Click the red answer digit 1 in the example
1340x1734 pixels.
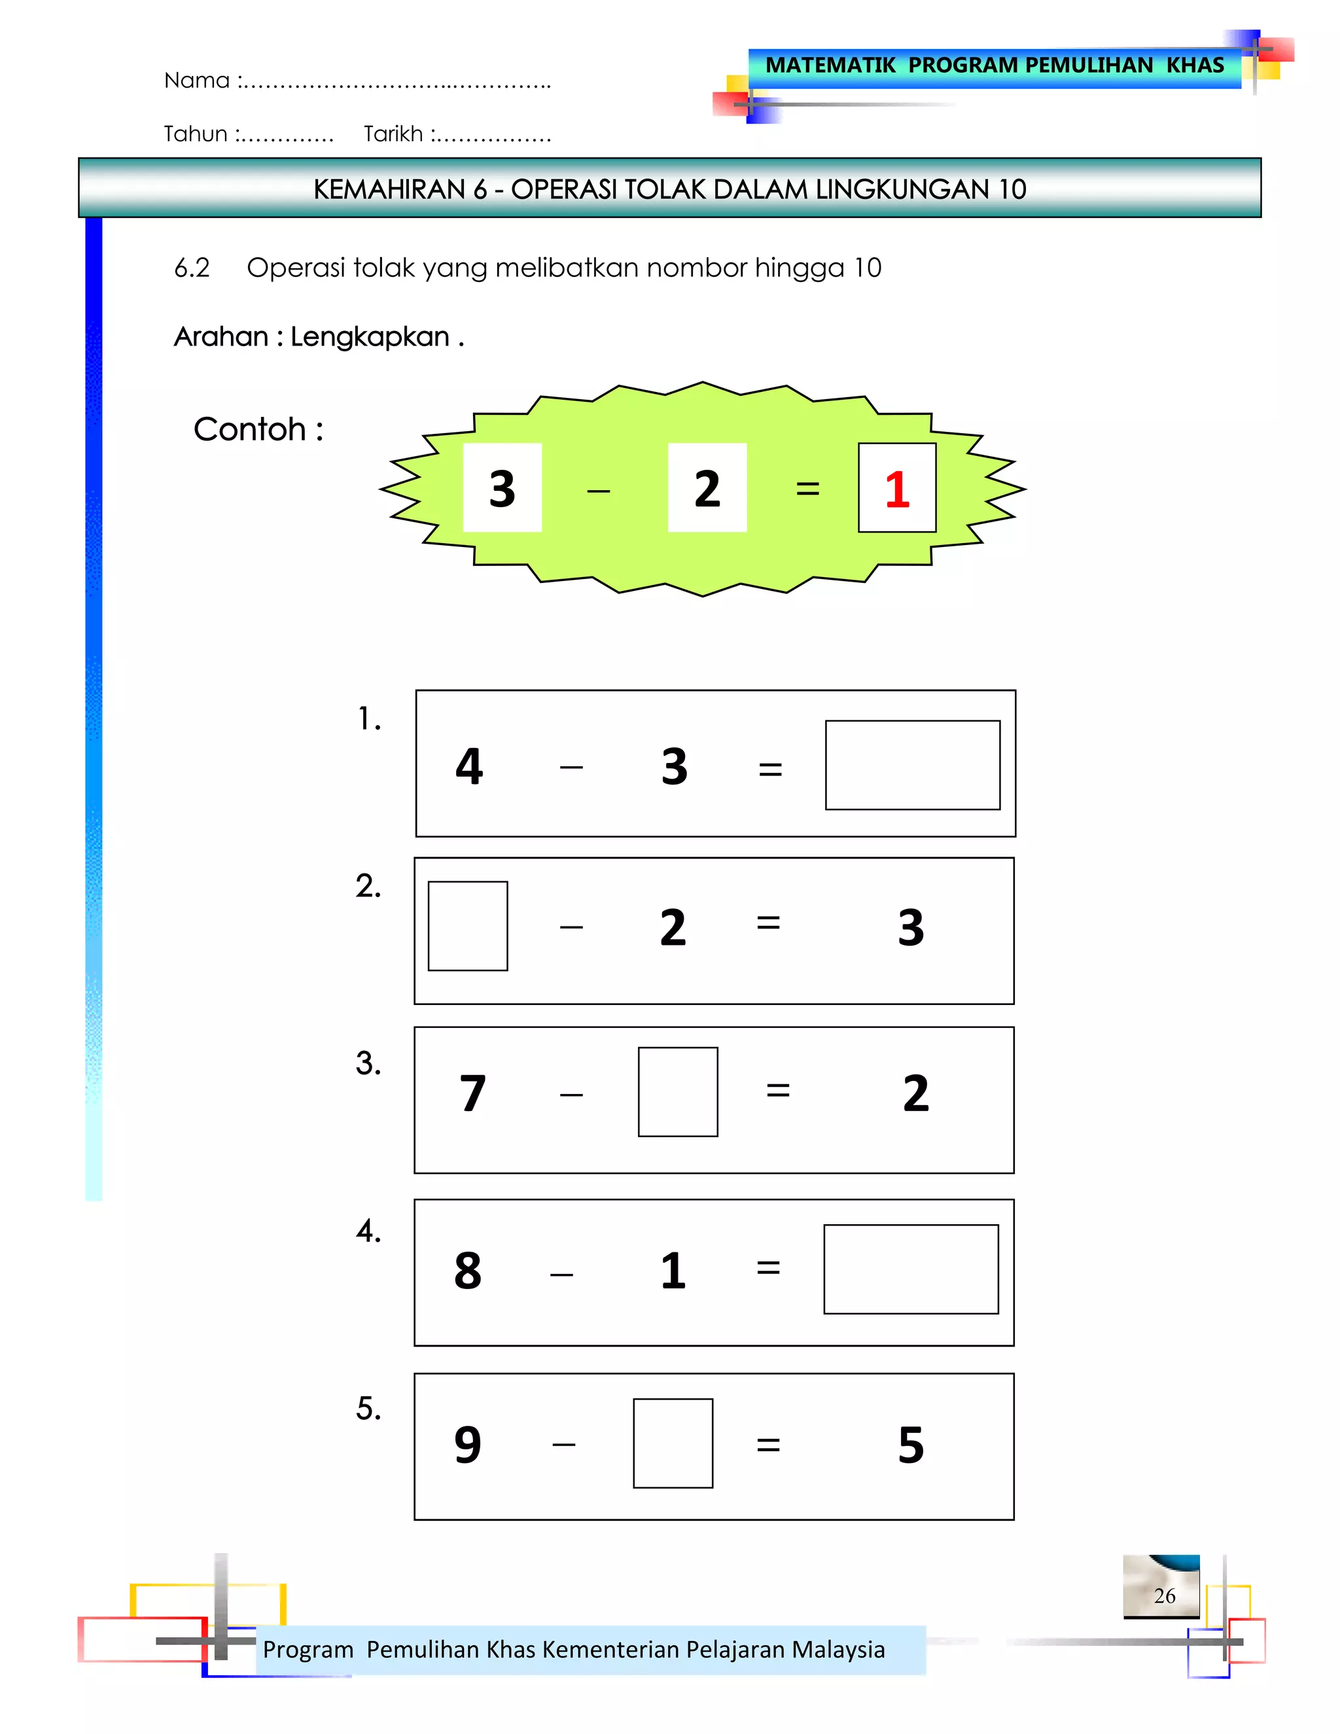[x=896, y=489]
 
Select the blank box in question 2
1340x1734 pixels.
[x=468, y=926]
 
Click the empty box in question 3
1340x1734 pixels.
[x=677, y=1091]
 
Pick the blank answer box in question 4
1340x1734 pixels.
[x=911, y=1269]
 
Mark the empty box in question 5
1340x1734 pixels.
[x=673, y=1443]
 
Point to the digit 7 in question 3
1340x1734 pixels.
[x=472, y=1093]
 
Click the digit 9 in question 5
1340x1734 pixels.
[x=468, y=1444]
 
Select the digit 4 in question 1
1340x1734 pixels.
[x=469, y=766]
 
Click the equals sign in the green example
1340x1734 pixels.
[x=807, y=489]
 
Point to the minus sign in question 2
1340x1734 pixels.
[x=571, y=927]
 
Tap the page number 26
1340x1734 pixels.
[x=1164, y=1596]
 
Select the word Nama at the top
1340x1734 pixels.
[x=196, y=80]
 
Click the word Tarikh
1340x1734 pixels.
[x=393, y=134]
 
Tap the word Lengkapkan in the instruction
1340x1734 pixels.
[x=370, y=336]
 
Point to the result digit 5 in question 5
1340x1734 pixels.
[x=911, y=1444]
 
